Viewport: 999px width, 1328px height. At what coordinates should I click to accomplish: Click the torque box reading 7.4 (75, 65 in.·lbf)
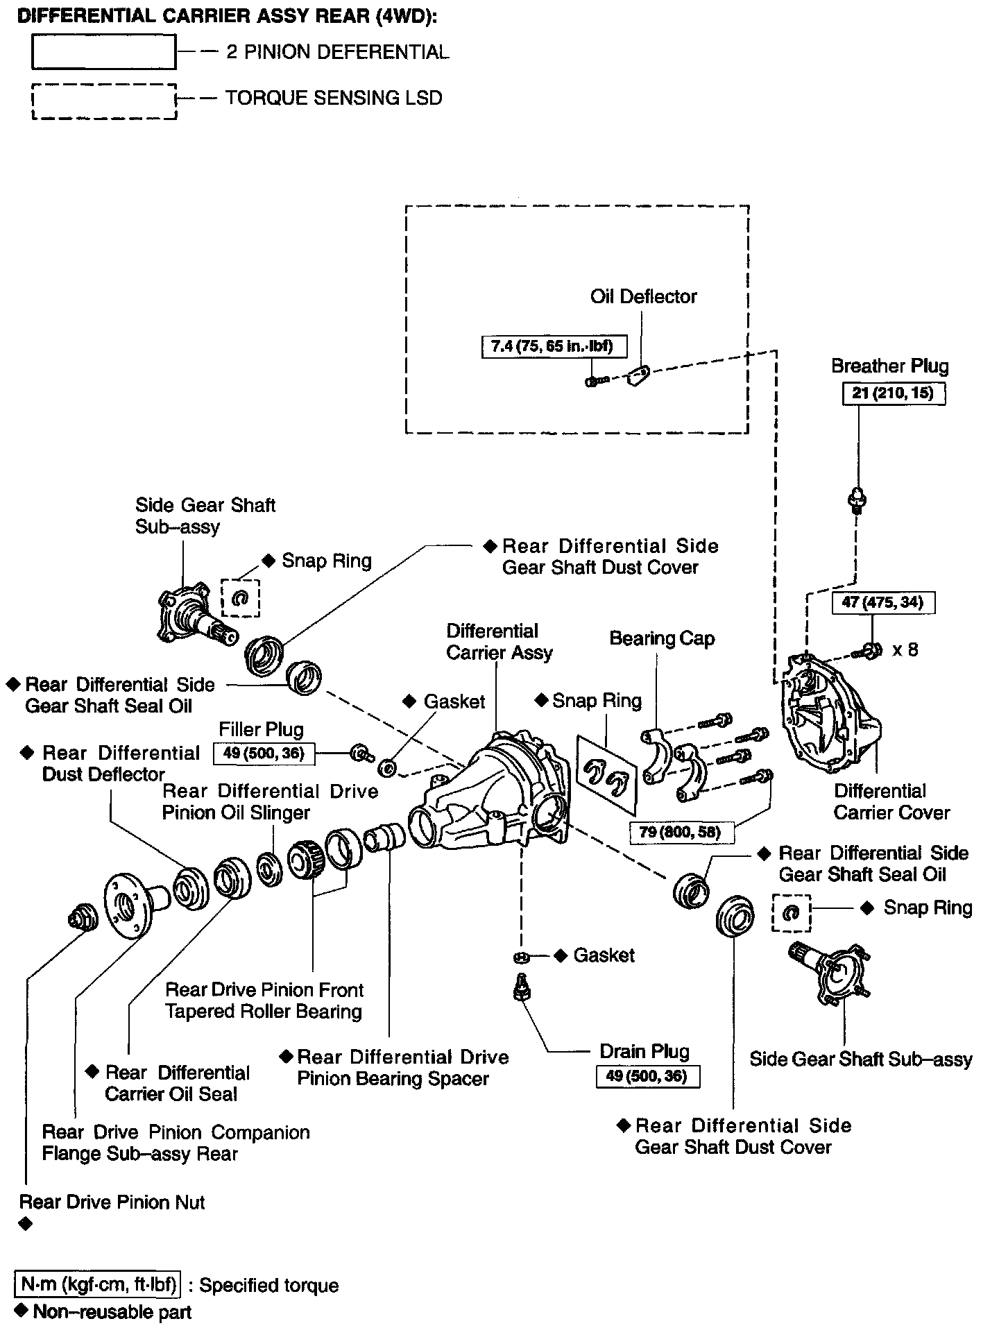pos(553,346)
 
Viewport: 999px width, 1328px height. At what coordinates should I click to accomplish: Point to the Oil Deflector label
pos(643,297)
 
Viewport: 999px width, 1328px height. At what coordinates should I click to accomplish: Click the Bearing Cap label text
pos(662,638)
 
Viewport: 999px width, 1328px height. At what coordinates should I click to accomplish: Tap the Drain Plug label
pos(644,1052)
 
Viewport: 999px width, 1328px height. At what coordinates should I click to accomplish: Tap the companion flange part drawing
pos(134,904)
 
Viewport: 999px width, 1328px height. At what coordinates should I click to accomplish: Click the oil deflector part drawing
pos(637,375)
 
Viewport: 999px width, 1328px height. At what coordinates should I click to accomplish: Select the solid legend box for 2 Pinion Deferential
pos(103,53)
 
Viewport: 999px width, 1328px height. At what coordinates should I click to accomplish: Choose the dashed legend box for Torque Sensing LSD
pos(104,101)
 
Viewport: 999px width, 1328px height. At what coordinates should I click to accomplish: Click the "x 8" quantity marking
pos(905,650)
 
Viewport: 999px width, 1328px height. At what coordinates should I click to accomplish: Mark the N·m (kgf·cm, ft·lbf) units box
pos(98,1284)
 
